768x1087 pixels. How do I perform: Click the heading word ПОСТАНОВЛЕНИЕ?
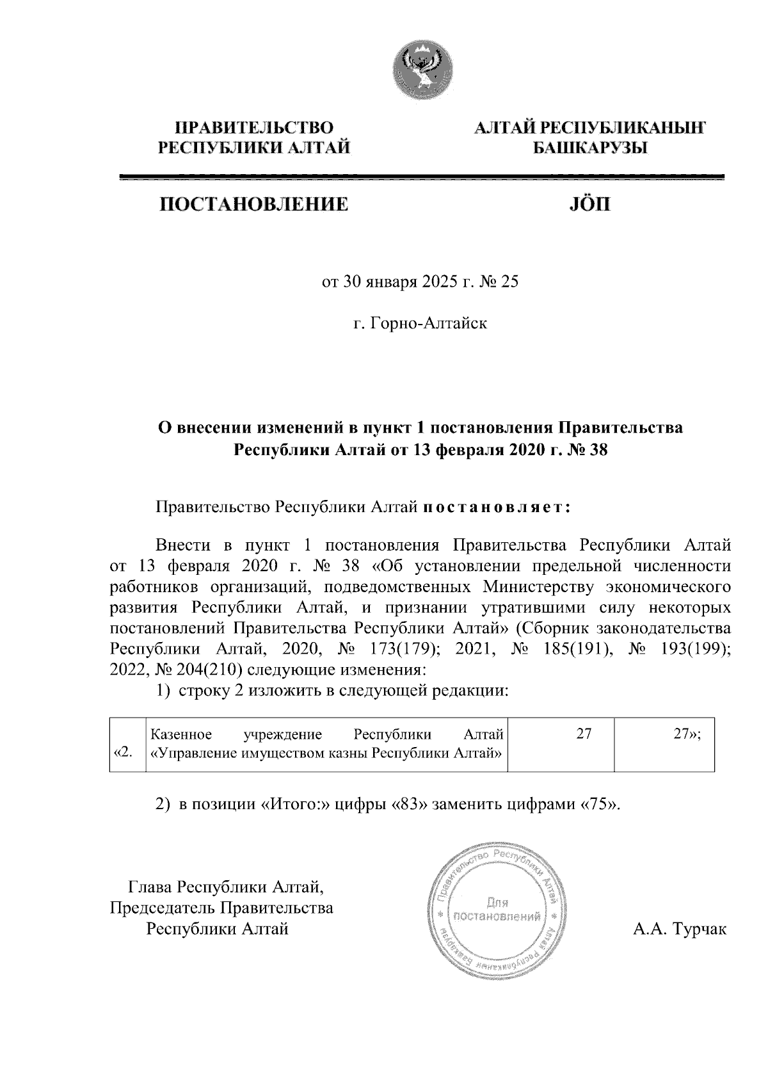(254, 205)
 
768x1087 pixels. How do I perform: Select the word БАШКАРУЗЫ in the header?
(590, 149)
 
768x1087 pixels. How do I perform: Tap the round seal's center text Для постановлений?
(497, 910)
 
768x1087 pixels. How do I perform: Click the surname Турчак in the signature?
(698, 928)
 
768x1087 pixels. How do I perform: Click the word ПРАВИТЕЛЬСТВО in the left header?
(254, 128)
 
